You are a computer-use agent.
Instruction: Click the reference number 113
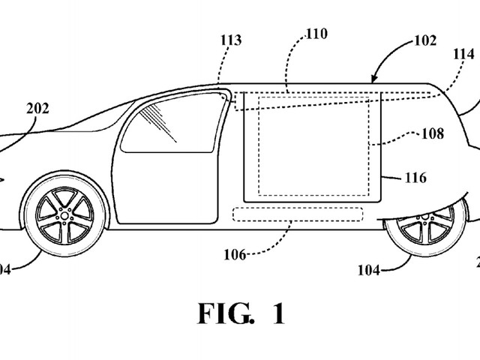pos(231,40)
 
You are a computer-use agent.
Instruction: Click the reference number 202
pos(37,108)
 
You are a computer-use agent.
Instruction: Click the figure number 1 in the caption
pos(277,313)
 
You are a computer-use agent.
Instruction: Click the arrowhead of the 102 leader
pos(374,79)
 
